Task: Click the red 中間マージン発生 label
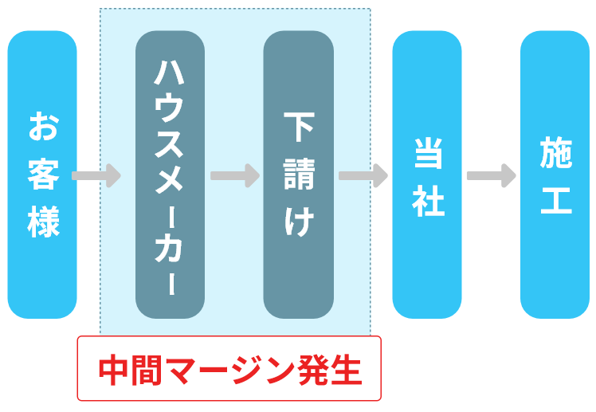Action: click(x=229, y=369)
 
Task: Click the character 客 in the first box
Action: click(x=43, y=175)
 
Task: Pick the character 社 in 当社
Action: click(x=427, y=199)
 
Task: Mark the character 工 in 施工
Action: click(x=555, y=199)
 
